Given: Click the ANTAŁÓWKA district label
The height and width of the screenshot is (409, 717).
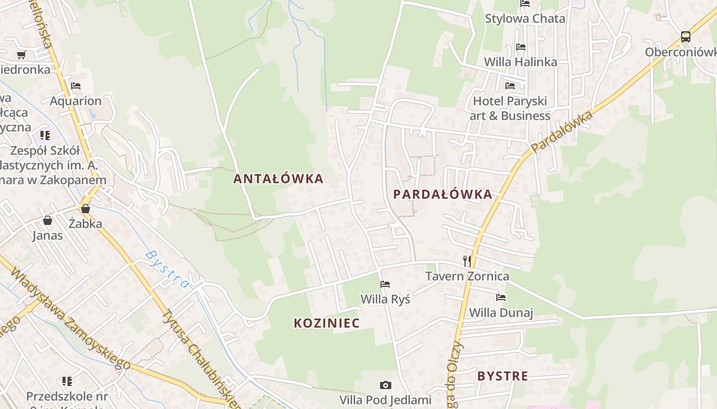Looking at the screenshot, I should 278,178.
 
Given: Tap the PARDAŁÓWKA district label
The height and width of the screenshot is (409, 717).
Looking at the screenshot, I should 442,194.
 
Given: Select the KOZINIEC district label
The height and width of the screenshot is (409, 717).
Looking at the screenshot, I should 326,323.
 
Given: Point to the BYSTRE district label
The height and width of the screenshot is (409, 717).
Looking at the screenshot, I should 502,376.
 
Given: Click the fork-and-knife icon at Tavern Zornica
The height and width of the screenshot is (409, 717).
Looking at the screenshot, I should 467,261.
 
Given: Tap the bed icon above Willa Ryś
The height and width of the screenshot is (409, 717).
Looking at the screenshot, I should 385,284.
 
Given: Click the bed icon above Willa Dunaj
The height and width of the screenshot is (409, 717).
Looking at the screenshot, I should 501,298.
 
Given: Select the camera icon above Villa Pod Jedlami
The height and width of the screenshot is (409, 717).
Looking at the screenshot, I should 385,385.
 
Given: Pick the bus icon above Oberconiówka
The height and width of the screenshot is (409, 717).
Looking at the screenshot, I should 685,37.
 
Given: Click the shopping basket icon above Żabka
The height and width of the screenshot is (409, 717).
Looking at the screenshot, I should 86,209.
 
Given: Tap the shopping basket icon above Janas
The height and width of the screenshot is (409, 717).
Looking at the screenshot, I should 48,220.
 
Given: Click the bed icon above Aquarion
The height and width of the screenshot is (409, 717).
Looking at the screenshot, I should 76,86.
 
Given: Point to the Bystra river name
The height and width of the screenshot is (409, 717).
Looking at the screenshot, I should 167,269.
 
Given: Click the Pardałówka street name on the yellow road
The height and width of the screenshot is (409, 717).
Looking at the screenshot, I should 561,131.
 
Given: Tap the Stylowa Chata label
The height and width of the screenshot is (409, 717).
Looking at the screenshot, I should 525,19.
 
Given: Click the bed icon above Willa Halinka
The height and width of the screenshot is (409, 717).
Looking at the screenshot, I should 521,47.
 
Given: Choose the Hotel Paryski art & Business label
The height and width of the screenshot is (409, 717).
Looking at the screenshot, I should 510,108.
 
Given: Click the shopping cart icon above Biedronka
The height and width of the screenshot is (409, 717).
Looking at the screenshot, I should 21,55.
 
